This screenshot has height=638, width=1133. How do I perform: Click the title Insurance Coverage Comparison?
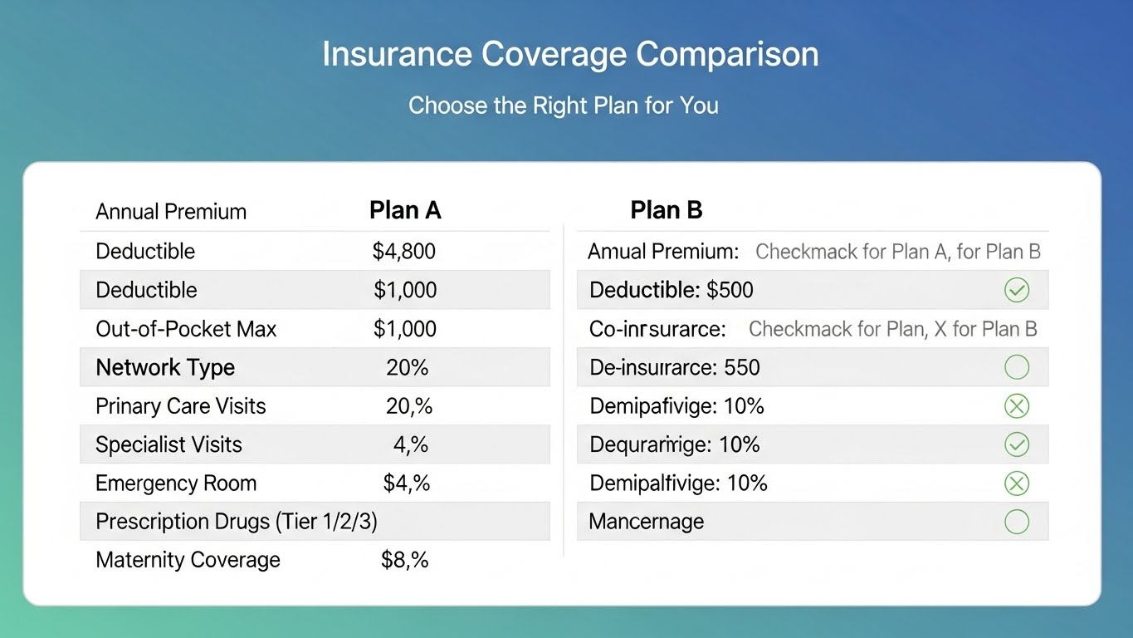point(569,55)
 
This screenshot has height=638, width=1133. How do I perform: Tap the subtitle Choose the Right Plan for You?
point(563,106)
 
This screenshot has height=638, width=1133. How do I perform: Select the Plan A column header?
point(404,211)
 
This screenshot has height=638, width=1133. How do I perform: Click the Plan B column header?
point(666,211)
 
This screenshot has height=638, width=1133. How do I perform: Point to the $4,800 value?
point(403,251)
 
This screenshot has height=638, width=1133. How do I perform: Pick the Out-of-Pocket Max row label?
point(186,329)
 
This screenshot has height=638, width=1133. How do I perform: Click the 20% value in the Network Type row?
point(407,367)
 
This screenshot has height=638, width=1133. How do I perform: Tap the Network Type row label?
point(165,367)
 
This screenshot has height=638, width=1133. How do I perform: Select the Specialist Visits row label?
point(168,444)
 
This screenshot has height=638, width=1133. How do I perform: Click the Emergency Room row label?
point(176,483)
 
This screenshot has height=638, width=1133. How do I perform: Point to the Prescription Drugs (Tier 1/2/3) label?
point(237,522)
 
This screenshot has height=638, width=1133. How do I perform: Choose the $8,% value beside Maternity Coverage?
point(404,560)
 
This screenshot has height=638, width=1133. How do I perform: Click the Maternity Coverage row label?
point(188,560)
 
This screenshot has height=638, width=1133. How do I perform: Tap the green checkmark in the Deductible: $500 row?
point(1016,290)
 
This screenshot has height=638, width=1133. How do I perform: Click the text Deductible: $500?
point(671,290)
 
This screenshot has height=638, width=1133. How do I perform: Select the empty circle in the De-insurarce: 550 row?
point(1016,367)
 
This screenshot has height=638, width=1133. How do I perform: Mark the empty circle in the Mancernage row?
point(1016,522)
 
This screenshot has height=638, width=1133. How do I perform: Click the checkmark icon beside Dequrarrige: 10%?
point(1016,444)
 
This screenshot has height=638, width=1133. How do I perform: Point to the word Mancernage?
point(646,522)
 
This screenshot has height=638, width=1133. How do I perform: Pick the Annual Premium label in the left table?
point(171,212)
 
